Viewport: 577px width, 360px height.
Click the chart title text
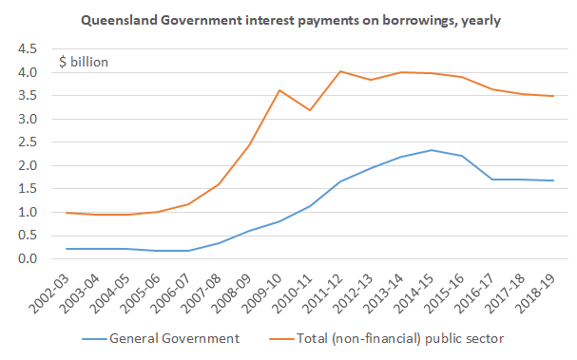291,19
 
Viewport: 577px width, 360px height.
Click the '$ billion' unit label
84,62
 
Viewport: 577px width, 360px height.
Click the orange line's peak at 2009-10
279,90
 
